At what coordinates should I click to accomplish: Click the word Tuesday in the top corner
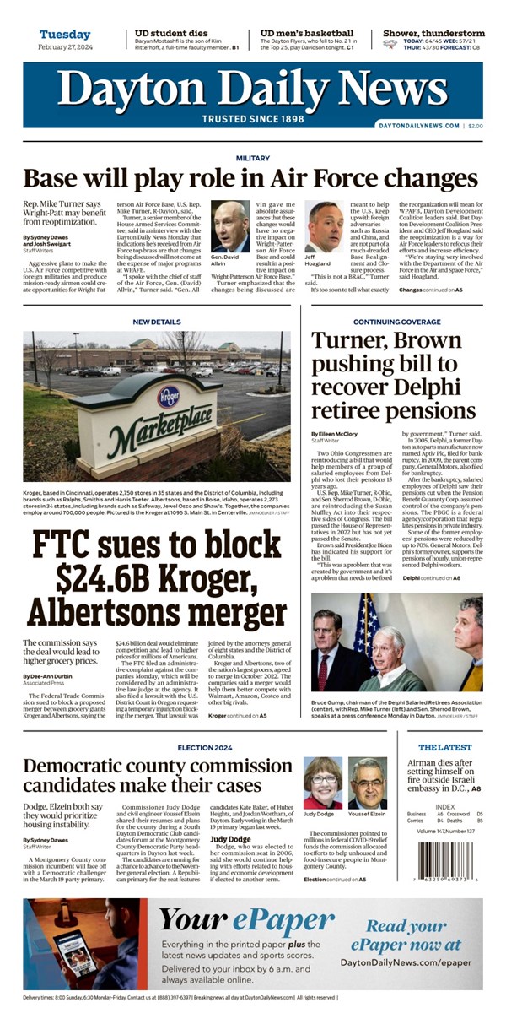[65, 34]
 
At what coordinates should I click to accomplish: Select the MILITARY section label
[252, 158]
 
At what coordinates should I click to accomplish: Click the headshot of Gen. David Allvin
[229, 226]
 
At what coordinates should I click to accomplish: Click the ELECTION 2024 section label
[206, 748]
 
